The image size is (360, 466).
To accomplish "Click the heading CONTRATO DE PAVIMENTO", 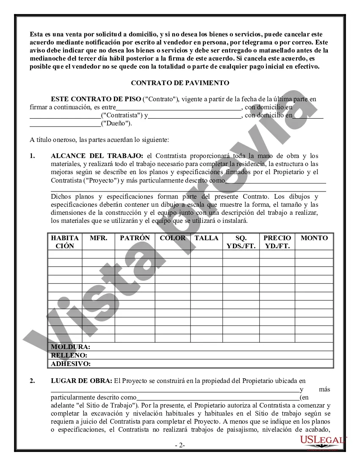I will [180, 83].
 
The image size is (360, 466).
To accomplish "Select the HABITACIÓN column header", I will [65, 242].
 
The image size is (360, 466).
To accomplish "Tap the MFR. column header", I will [98, 238].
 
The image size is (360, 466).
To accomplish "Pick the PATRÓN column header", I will [135, 238].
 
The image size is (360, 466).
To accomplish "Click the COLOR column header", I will [172, 238].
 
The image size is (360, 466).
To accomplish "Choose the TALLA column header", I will [206, 238].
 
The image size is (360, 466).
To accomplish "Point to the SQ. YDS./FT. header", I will [241, 242].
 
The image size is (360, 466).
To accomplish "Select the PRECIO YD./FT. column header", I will [277, 242].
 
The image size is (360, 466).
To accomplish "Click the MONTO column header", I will [314, 238].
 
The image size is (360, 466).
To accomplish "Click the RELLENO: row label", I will [69, 355].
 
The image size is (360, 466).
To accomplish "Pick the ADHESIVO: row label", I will [71, 363].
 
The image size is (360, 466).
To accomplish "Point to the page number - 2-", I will [180, 446].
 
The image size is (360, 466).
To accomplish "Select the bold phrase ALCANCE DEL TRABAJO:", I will [97, 156].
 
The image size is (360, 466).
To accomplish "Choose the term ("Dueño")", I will [116, 123].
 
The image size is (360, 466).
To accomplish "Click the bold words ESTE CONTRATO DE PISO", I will [96, 99].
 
